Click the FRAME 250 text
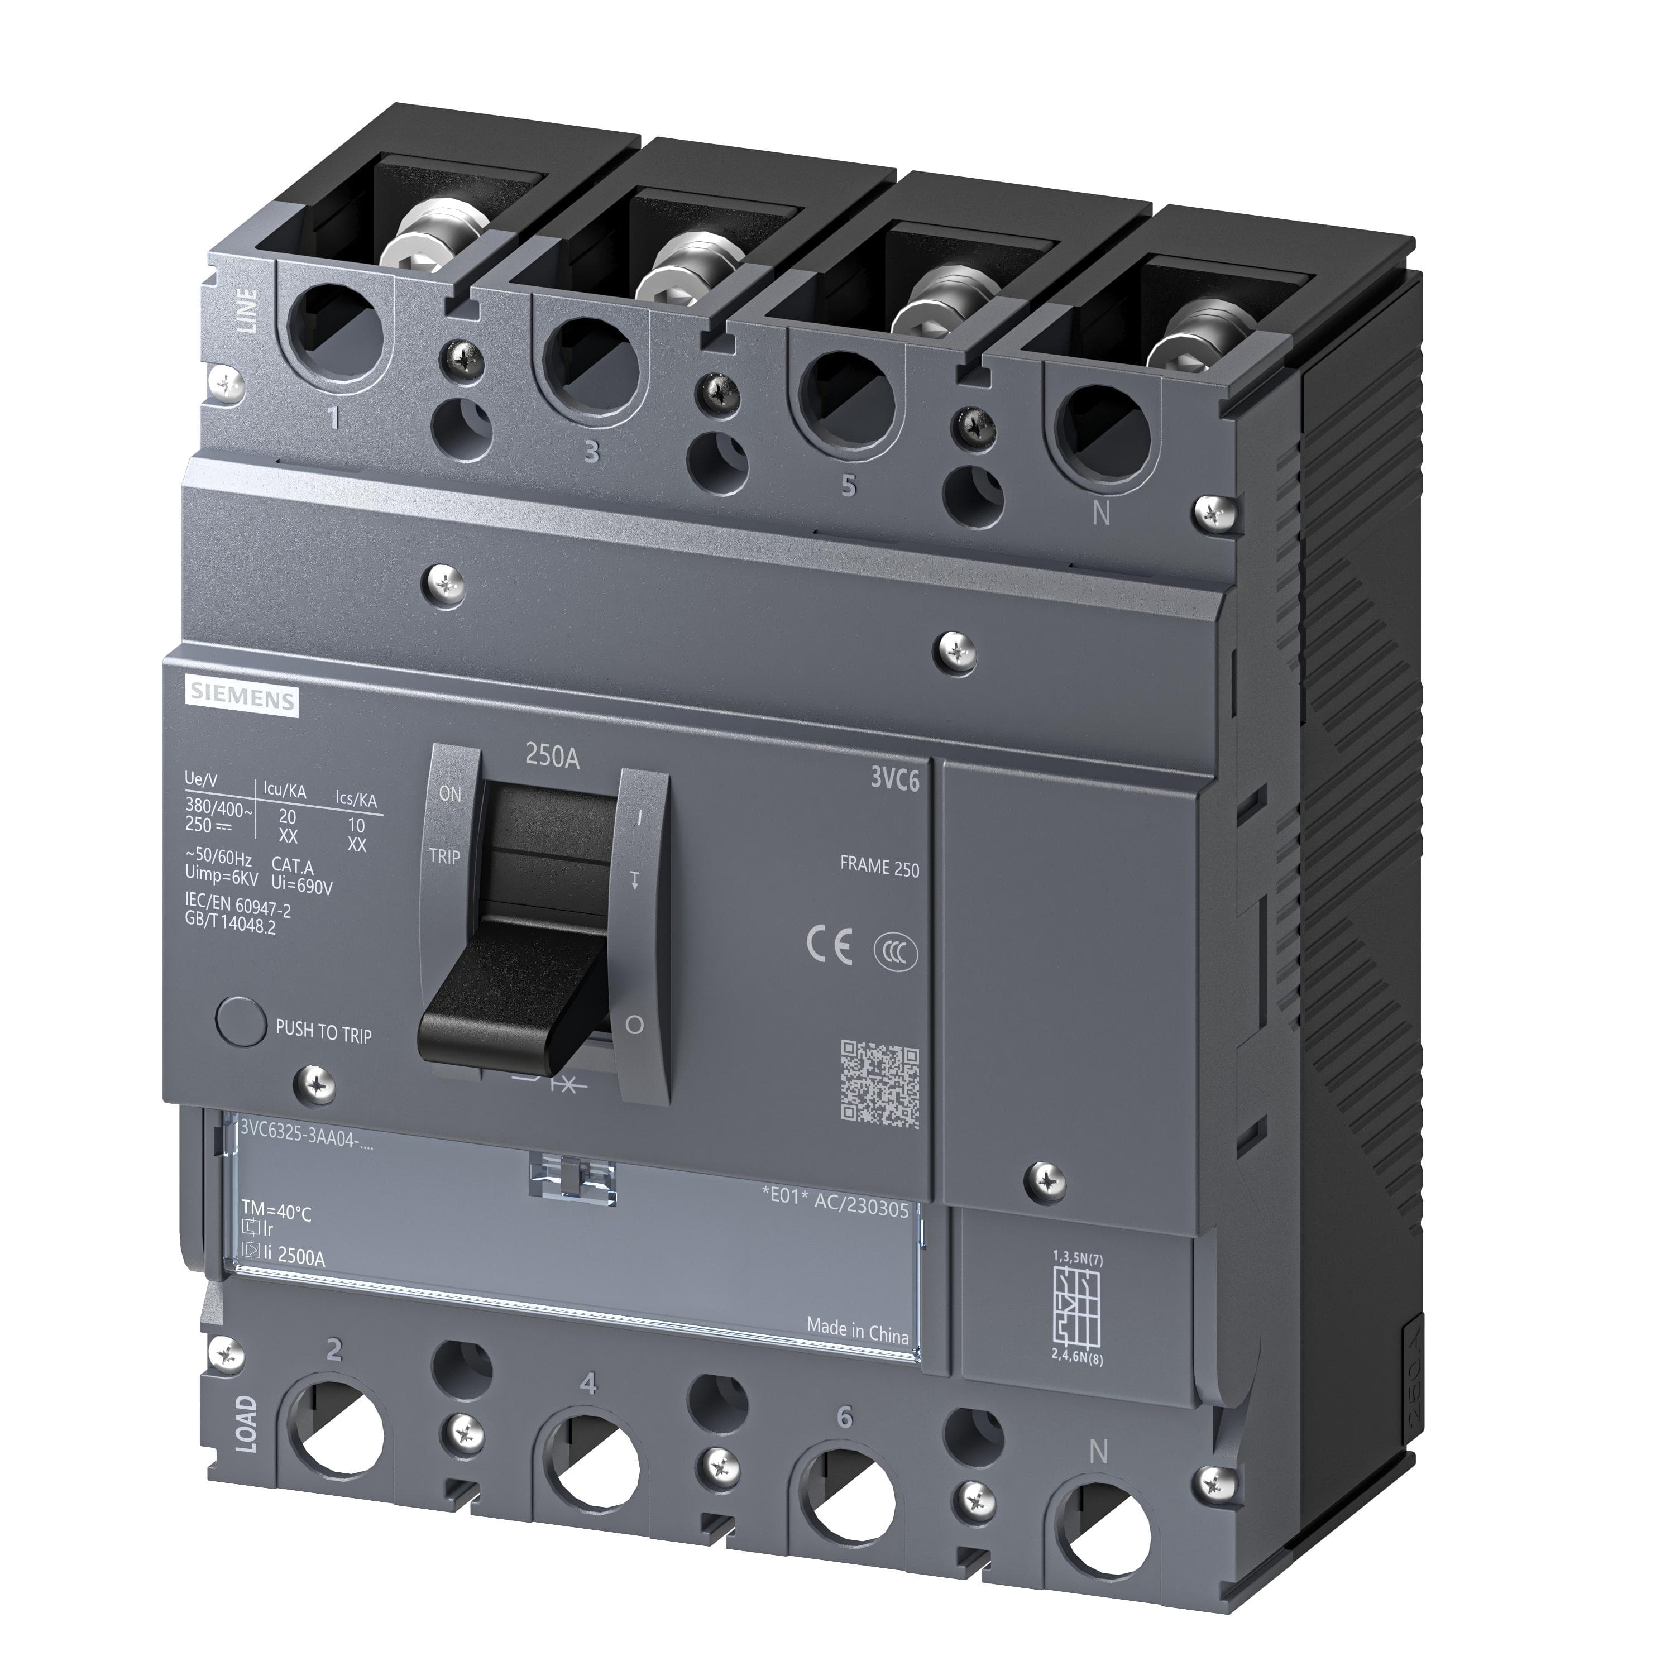[x=879, y=866]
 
